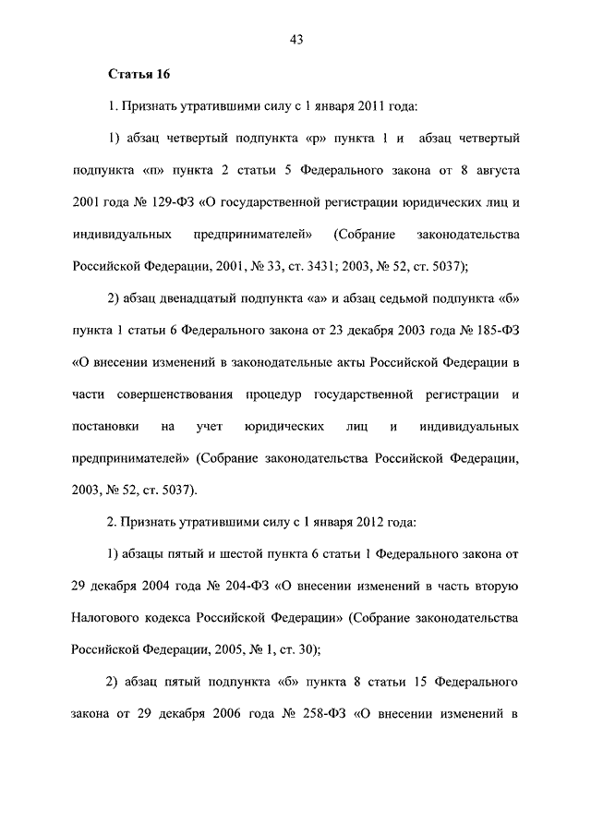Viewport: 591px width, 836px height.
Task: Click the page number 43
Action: coord(296,39)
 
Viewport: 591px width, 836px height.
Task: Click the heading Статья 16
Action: coord(139,74)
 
